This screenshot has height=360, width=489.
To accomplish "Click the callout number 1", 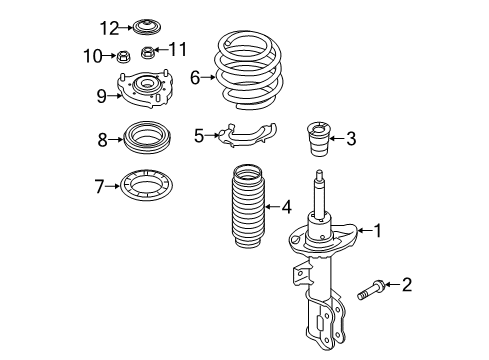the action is tap(378, 232).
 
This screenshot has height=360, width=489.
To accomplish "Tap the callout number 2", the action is tap(406, 286).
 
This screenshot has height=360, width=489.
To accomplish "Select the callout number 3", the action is tap(350, 138).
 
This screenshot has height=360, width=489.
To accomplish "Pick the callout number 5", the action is tap(199, 134).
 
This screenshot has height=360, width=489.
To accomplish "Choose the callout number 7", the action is tap(98, 185).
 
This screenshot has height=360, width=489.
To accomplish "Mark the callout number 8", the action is tap(103, 141).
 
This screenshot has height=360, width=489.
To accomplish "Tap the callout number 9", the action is tap(101, 96).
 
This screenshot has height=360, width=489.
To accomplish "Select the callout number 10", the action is tap(97, 54).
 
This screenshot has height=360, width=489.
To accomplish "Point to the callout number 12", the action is tap(109, 26).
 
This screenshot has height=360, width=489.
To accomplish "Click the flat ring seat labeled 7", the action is tap(146, 186).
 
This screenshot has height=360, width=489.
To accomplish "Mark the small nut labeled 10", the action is tap(123, 55).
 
